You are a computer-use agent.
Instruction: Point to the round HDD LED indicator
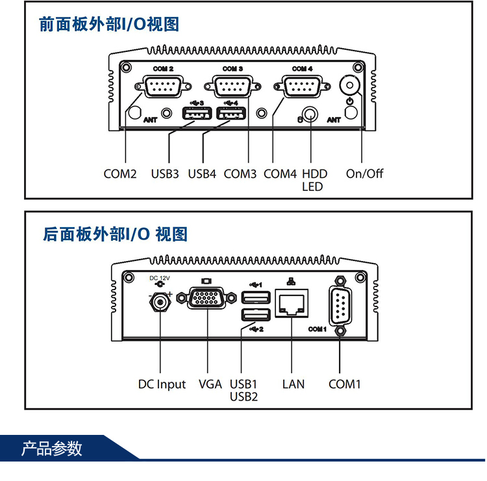coord(312,115)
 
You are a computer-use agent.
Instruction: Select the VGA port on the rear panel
coord(207,300)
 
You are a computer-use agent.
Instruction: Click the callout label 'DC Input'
coord(162,384)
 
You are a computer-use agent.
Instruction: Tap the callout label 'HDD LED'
coord(314,180)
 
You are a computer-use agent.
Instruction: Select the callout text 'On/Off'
coord(364,174)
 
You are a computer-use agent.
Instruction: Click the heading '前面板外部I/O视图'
coord(108,25)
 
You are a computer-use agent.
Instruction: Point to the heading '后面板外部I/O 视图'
coord(114,234)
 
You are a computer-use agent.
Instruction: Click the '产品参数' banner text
coord(52,449)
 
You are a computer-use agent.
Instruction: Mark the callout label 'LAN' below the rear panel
coord(293,384)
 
